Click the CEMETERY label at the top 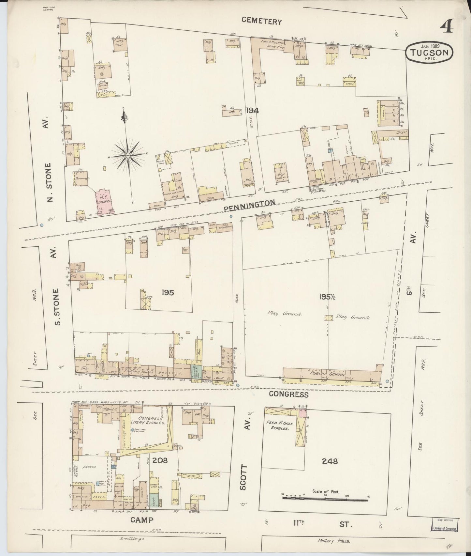[261, 22]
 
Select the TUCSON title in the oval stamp [429, 52]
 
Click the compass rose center [128, 156]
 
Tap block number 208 [160, 460]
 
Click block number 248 [329, 461]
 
